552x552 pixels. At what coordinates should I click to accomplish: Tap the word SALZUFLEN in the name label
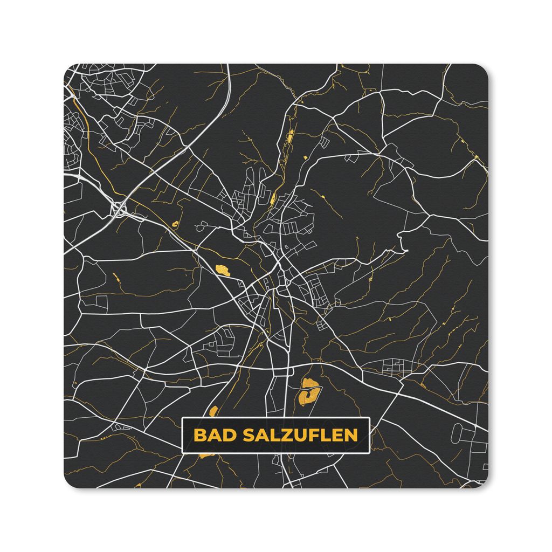point(300,435)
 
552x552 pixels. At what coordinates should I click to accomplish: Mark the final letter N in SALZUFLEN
point(351,435)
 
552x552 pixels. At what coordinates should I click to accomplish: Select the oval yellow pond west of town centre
point(223,270)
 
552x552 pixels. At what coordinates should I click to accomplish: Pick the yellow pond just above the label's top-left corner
point(213,411)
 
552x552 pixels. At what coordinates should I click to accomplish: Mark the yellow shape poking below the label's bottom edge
point(206,456)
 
